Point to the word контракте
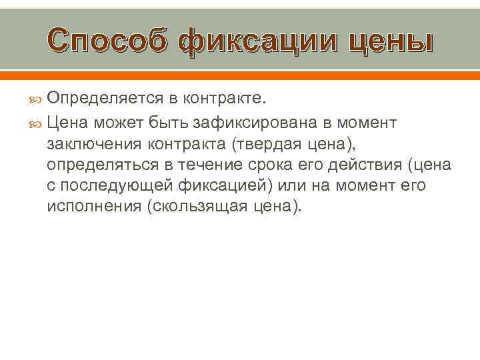click(223, 99)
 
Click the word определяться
click(101, 164)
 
